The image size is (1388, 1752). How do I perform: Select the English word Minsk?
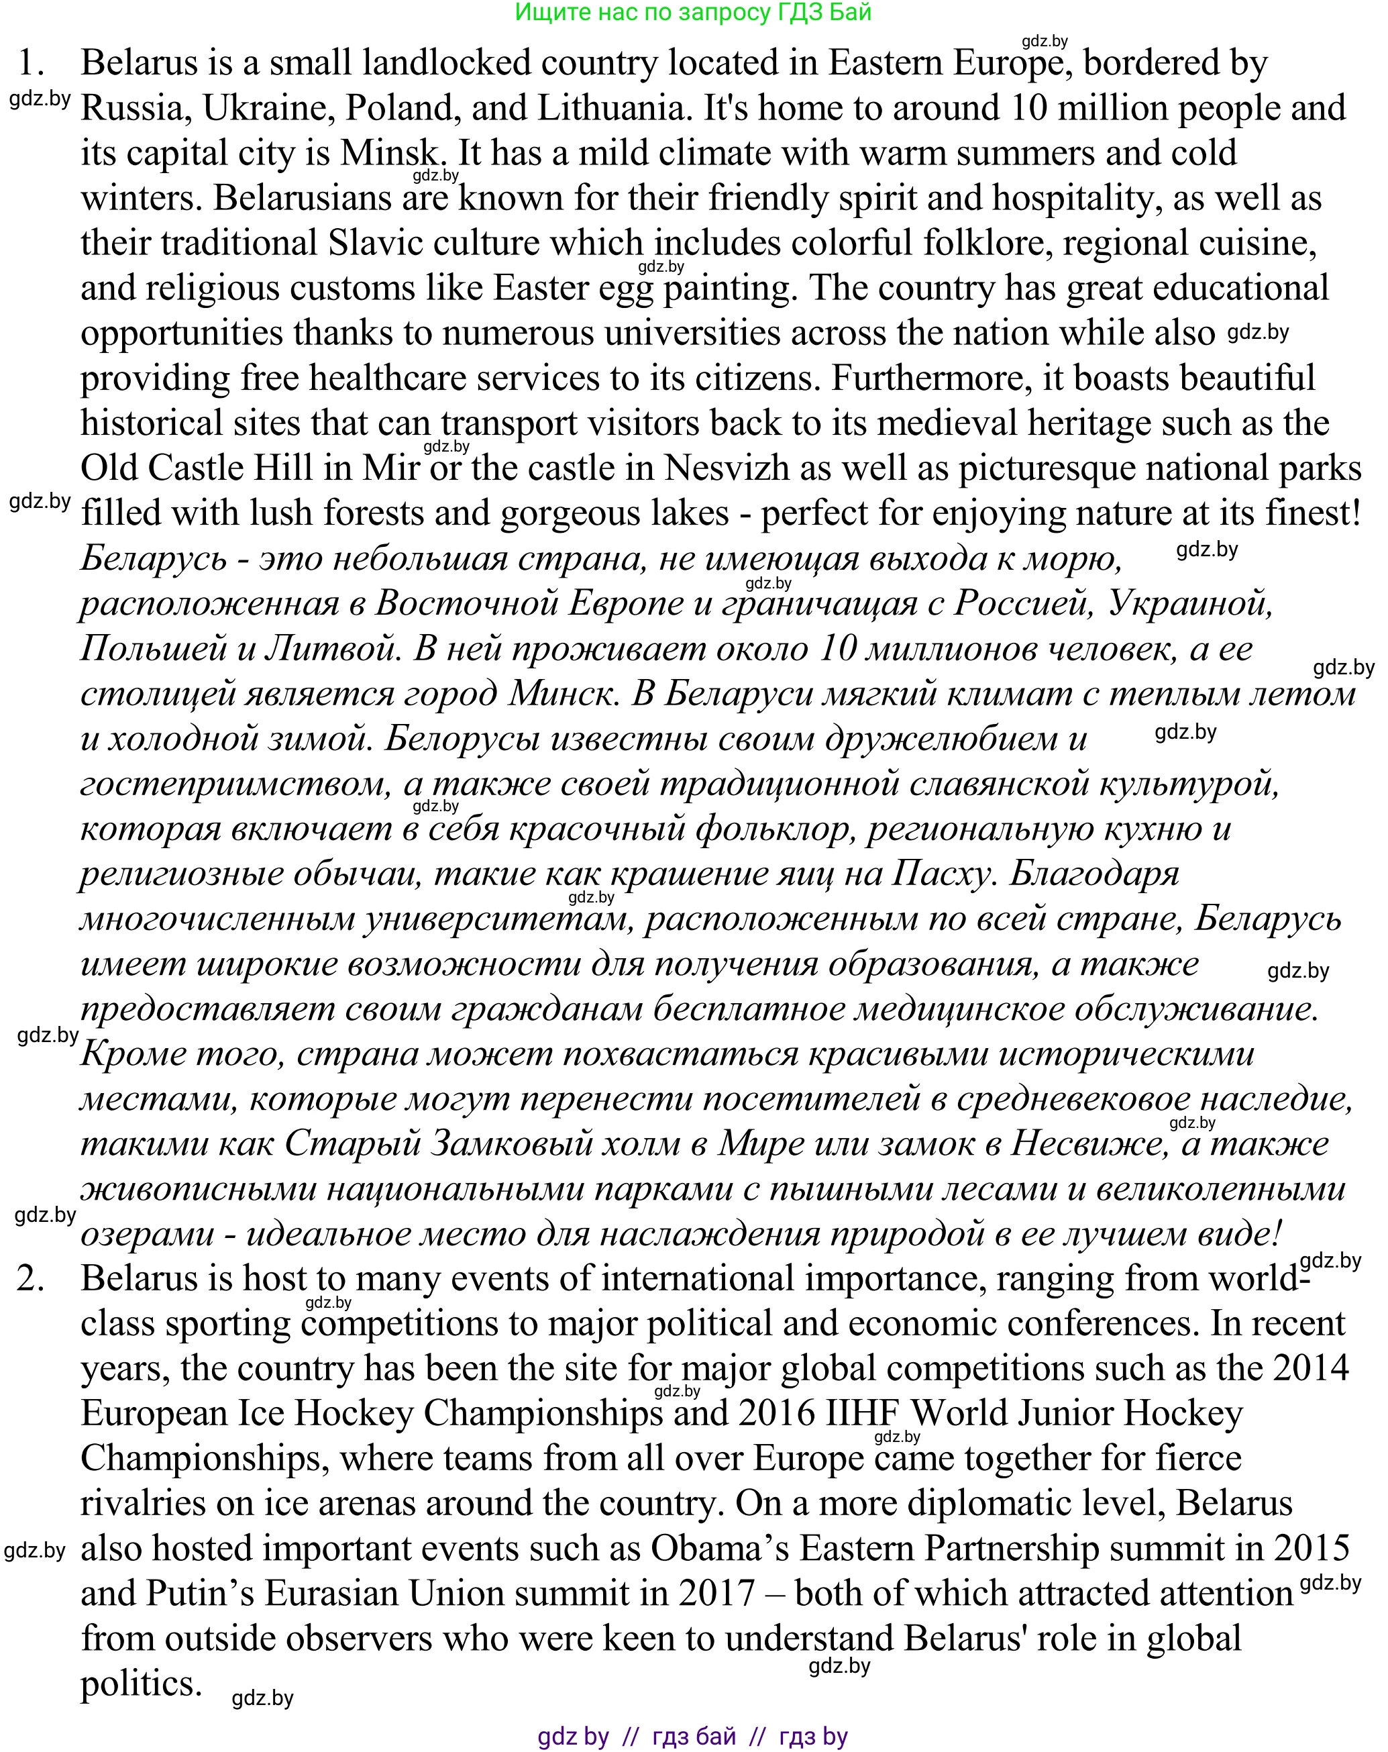(x=390, y=154)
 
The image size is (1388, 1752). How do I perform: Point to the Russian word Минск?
(x=561, y=694)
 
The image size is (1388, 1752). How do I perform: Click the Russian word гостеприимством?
(x=235, y=784)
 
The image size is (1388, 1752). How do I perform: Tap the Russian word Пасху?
(x=943, y=874)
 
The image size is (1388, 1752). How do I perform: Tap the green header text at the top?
(x=693, y=12)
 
